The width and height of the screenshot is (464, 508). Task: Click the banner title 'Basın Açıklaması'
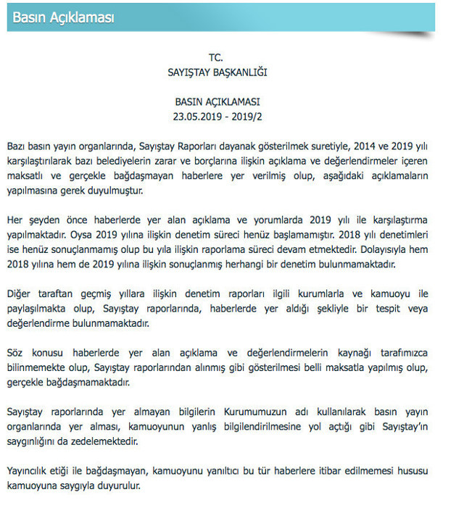[64, 17]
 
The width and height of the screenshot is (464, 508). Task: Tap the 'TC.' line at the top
[217, 57]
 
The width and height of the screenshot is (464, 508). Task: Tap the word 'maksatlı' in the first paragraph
[25, 176]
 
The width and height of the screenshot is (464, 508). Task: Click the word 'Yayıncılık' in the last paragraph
[30, 471]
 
